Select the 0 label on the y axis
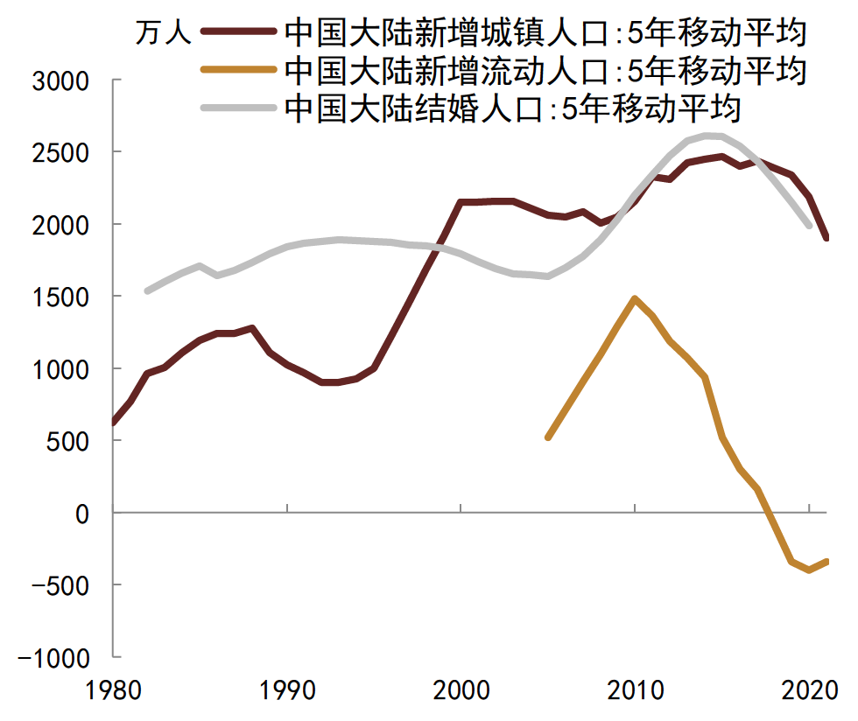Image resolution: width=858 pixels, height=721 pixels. pyautogui.click(x=82, y=514)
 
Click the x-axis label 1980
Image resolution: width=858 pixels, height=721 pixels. pyautogui.click(x=115, y=692)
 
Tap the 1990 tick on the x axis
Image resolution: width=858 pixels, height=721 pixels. pyautogui.click(x=288, y=692)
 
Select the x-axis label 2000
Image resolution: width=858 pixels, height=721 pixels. pyautogui.click(x=461, y=692)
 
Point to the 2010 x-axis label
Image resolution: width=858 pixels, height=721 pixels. pyautogui.click(x=635, y=692)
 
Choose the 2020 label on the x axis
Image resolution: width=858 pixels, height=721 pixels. pyautogui.click(x=808, y=692)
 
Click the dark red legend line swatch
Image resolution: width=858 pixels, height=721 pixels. pyautogui.click(x=238, y=32)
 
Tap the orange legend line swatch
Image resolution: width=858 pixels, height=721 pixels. pyautogui.click(x=238, y=70)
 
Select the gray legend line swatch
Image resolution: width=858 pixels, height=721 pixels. pyautogui.click(x=238, y=108)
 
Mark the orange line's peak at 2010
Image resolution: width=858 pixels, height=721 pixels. pyautogui.click(x=634, y=299)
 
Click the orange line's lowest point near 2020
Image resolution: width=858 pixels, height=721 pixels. pyautogui.click(x=809, y=570)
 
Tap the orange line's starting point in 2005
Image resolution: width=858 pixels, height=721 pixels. pyautogui.click(x=548, y=437)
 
